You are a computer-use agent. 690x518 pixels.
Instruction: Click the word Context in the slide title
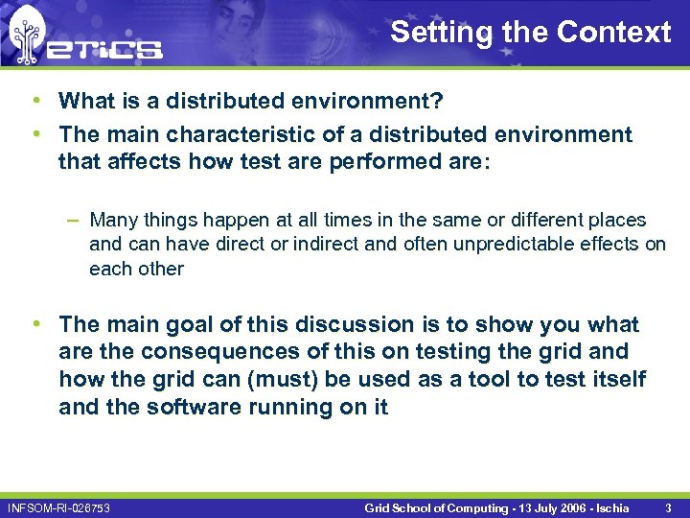pyautogui.click(x=613, y=32)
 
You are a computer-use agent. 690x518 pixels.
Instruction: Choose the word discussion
pyautogui.click(x=362, y=324)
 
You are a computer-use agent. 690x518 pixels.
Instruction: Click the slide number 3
pyautogui.click(x=668, y=506)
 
